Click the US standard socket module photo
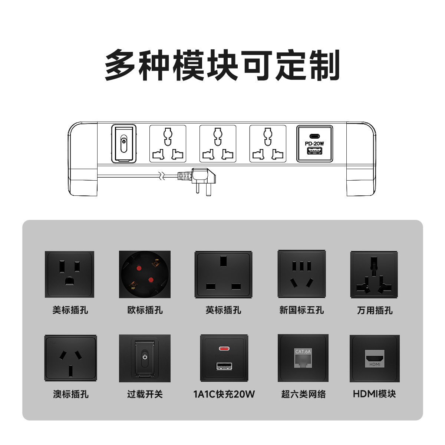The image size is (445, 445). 69,274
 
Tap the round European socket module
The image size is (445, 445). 145,274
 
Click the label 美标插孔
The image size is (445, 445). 70,310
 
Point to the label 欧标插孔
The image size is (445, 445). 145,310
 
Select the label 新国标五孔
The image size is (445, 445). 301,310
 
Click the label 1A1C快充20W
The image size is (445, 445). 224,394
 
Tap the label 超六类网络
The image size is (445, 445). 303,394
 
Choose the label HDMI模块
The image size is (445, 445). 375,394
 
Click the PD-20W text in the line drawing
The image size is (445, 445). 314,144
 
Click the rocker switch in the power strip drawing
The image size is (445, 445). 124,143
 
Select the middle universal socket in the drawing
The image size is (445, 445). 218,144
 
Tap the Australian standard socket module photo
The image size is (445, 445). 70,358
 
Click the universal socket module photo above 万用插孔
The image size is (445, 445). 375,274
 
